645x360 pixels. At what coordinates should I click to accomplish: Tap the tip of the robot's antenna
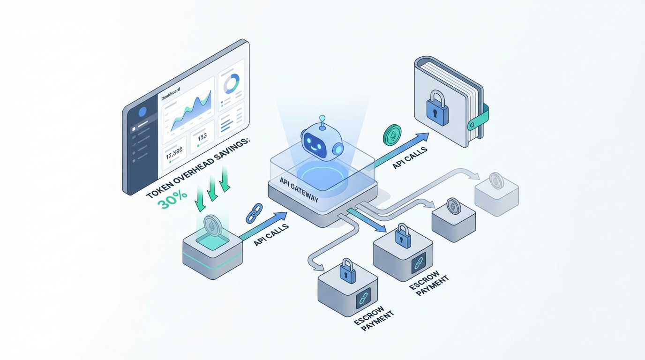click(x=322, y=118)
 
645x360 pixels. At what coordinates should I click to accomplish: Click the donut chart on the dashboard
click(x=232, y=83)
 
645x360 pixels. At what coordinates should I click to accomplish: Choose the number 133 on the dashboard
click(x=202, y=137)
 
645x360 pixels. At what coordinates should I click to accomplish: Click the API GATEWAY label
click(x=299, y=190)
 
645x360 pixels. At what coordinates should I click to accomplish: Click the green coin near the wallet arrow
click(x=392, y=134)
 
